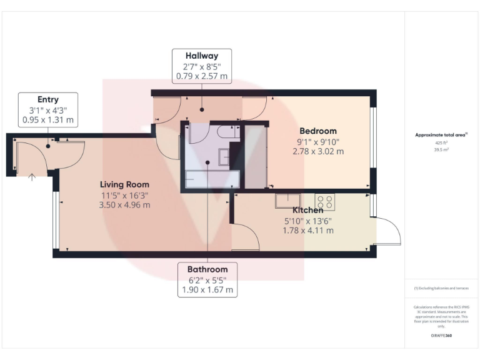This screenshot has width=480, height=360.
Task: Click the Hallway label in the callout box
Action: [201, 56]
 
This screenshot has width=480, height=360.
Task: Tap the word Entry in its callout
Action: [48, 99]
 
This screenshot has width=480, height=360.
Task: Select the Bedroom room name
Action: [322, 131]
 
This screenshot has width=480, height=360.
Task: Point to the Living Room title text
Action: [125, 184]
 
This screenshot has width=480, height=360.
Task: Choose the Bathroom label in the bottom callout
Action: [207, 269]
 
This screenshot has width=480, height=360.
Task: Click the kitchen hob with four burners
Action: [325, 201]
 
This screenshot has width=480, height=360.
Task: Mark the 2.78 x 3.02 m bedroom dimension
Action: [322, 151]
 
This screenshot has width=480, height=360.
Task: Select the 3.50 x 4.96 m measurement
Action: [125, 204]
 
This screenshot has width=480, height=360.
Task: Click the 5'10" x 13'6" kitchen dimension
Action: [308, 220]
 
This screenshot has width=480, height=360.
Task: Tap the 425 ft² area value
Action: [441, 143]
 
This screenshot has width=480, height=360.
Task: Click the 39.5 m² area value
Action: [441, 150]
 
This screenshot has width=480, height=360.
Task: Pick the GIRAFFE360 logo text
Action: [441, 336]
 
